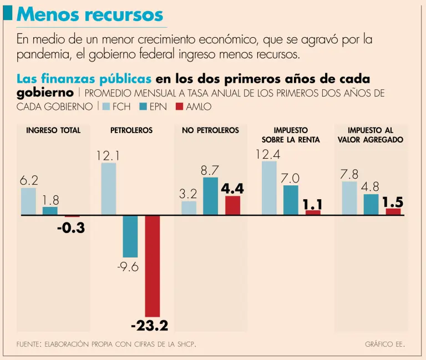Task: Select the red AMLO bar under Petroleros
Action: [x=153, y=266]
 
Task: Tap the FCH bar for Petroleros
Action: [x=109, y=189]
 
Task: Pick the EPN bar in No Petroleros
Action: [x=211, y=196]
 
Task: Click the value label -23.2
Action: [x=149, y=324]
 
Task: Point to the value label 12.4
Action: [x=268, y=154]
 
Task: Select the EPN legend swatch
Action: [x=143, y=107]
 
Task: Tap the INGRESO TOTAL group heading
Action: [x=53, y=130]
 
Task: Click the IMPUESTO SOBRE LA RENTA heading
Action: [x=291, y=135]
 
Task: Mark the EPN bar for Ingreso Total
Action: [x=50, y=210]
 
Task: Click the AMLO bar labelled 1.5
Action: [x=393, y=211]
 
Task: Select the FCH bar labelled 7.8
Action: [x=349, y=198]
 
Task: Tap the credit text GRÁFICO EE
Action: [x=385, y=345]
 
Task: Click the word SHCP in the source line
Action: [x=186, y=345]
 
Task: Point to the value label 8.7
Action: [x=210, y=170]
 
